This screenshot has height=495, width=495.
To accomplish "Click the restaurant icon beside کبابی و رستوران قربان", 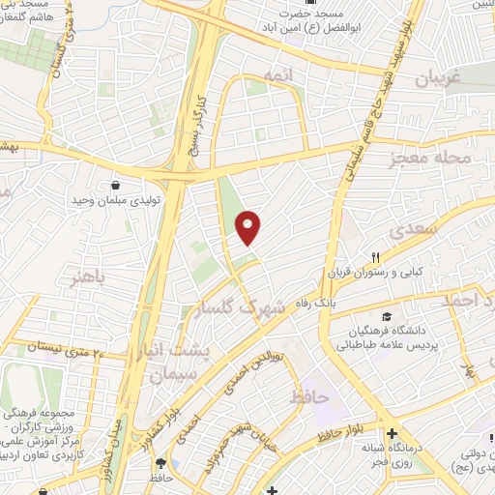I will click(x=376, y=257).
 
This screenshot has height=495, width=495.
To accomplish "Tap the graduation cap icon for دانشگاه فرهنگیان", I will click(x=387, y=317).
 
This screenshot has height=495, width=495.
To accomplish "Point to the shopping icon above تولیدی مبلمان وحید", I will click(x=116, y=184).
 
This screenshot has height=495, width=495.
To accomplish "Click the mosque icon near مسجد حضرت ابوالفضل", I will click(x=312, y=3).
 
